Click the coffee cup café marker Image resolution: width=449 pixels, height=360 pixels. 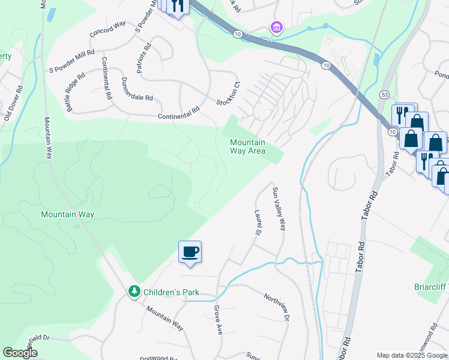190,251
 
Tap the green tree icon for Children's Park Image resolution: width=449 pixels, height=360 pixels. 134,292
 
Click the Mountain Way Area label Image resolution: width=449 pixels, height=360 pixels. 247,146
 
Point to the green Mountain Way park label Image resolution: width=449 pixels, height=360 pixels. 67,214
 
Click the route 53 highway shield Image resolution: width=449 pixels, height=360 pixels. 384,94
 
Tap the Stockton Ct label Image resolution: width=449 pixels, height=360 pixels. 228,94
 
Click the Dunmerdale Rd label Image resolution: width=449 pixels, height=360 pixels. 137,89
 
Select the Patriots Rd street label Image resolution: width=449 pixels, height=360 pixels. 143,58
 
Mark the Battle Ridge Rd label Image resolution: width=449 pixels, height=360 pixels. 76,93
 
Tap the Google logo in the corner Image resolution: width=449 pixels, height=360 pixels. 20,353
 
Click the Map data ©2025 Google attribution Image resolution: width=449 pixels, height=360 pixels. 412,355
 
